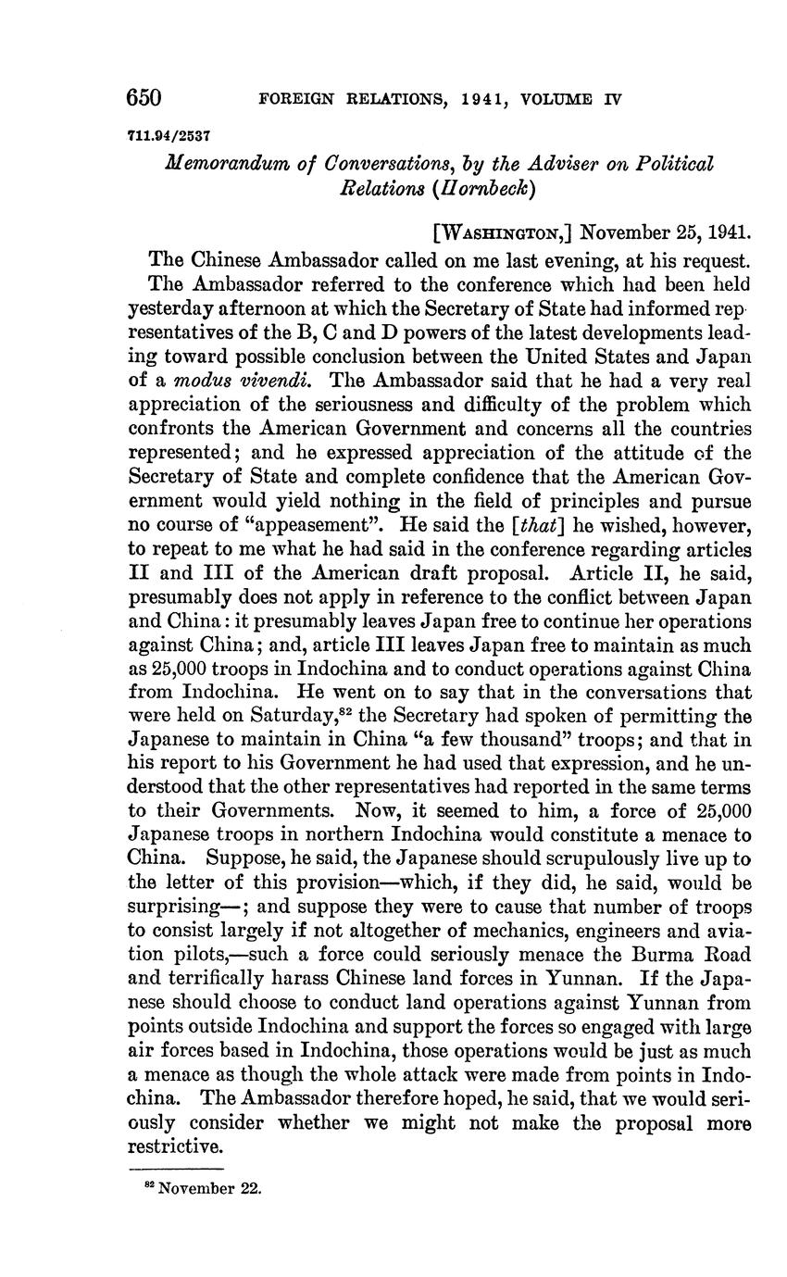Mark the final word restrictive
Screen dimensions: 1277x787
(x=175, y=1146)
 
